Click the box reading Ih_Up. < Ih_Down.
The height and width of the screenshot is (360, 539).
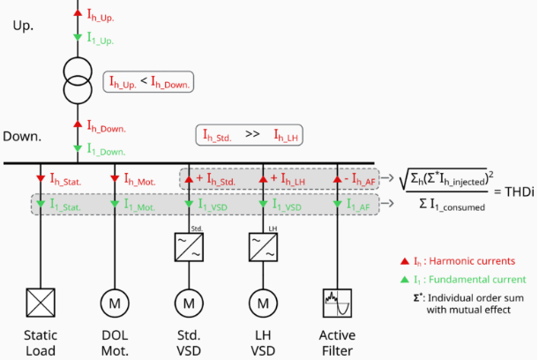[x=149, y=83]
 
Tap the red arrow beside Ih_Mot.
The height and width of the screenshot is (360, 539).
[x=115, y=178]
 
